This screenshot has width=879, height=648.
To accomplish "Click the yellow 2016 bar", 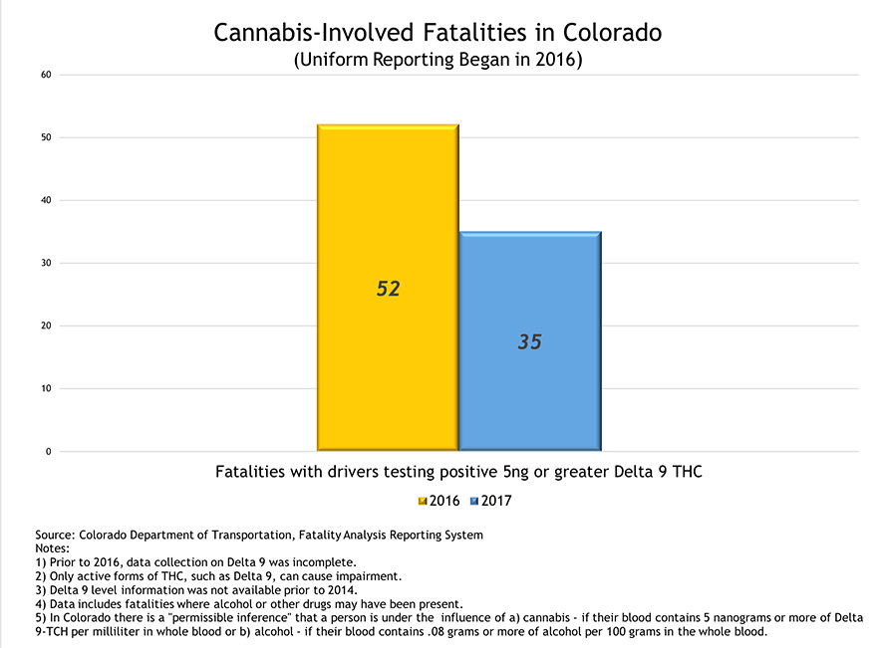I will point(387,219).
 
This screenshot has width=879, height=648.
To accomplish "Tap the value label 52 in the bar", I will point(388,289).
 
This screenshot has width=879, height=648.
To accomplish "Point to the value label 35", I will point(529,341).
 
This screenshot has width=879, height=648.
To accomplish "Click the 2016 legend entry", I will point(438,501).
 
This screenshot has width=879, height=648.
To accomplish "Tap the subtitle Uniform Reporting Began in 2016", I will point(439,60).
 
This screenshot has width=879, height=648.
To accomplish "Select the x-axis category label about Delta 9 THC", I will point(458,471).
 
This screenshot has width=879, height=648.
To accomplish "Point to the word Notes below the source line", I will point(52,548).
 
